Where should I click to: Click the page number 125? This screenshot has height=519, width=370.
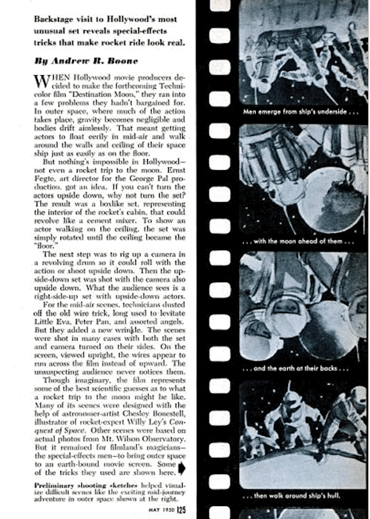click(181, 509)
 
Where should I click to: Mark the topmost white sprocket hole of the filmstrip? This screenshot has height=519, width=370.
click(220, 7)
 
